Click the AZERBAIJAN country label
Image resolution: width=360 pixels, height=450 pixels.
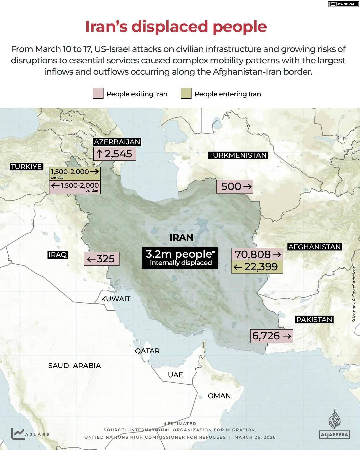117,142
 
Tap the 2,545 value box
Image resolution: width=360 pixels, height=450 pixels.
115,154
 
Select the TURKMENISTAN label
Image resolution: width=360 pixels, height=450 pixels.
238,155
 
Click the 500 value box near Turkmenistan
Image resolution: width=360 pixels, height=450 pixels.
235,187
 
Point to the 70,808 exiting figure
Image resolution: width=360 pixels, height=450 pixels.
257,254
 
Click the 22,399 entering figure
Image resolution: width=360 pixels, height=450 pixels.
257,267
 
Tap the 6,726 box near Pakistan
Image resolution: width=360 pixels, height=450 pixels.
271,336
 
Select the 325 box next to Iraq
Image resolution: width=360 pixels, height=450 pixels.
101,259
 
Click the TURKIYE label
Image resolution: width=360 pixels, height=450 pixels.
26,167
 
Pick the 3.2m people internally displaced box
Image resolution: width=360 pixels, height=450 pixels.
180,258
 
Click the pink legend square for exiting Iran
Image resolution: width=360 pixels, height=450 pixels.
98,94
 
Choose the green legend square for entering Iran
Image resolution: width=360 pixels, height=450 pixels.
186,94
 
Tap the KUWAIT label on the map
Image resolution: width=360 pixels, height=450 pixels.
116,299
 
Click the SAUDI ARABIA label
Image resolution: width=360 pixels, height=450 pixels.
74,366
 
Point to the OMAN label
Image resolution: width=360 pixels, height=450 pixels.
219,396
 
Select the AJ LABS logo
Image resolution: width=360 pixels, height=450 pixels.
30,434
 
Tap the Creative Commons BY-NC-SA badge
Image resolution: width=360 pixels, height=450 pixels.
342,4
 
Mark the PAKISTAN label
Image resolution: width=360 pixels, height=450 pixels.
314,320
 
